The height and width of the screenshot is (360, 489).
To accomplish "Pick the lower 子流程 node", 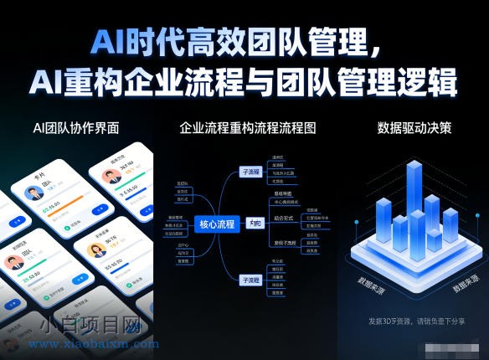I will coord(251,280).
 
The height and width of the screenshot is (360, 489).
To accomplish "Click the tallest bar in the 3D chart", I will coord(413,201).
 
